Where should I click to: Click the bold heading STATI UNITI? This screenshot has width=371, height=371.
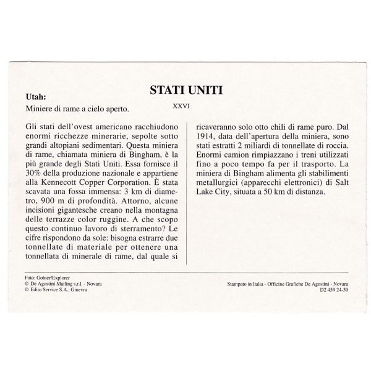point(185,90)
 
